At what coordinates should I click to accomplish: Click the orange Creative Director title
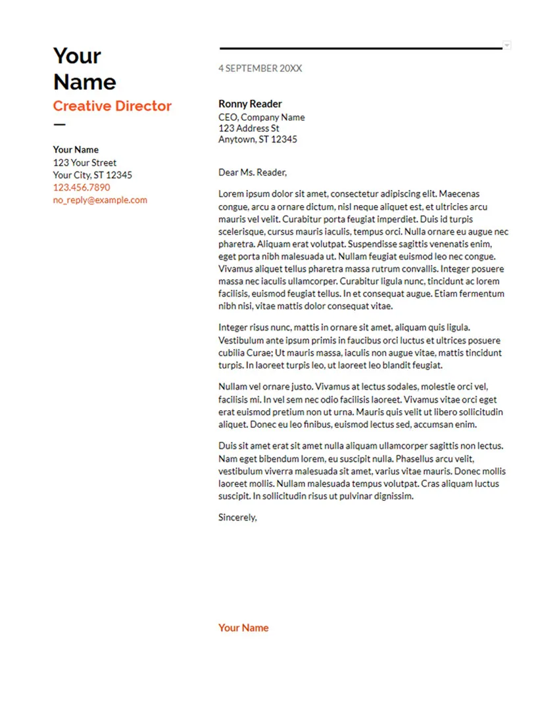point(112,106)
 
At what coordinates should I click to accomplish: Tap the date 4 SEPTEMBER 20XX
point(260,68)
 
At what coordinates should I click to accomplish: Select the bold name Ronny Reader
point(250,104)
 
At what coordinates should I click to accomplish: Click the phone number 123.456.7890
point(82,187)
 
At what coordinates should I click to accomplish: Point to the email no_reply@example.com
point(100,200)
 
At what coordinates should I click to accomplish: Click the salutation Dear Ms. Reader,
point(253,173)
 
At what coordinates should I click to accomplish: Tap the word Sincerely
point(237,517)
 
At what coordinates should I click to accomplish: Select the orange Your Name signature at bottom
point(243,628)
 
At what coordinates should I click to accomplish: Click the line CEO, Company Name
point(261,117)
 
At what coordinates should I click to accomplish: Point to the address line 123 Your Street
point(84,162)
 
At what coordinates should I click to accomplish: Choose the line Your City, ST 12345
point(92,175)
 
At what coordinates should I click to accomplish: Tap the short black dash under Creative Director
point(59,124)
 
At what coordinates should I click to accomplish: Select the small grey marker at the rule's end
point(506,45)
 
